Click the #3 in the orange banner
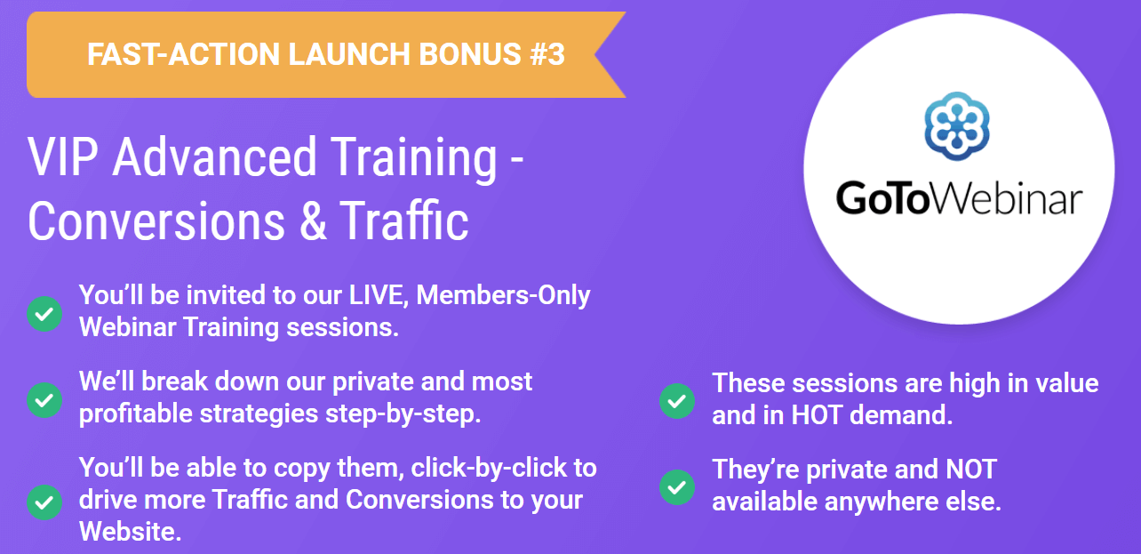point(547,54)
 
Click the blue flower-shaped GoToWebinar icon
point(957,126)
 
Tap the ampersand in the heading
point(314,221)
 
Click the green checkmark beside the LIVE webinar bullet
point(44,313)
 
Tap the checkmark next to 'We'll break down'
point(44,400)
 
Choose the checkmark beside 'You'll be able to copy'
point(44,502)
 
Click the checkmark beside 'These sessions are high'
point(677,401)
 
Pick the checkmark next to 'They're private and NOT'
point(677,487)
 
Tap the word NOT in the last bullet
point(971,470)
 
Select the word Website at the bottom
point(131,532)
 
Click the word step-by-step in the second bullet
point(403,414)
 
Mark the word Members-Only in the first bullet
point(503,295)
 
